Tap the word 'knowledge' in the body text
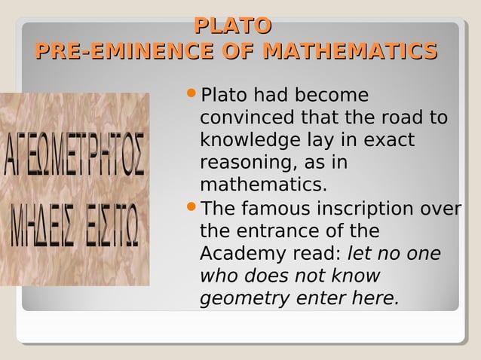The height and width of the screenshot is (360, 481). coord(247,141)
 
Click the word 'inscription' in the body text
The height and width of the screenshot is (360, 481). coord(368,208)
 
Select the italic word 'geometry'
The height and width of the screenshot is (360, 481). coord(245,298)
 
